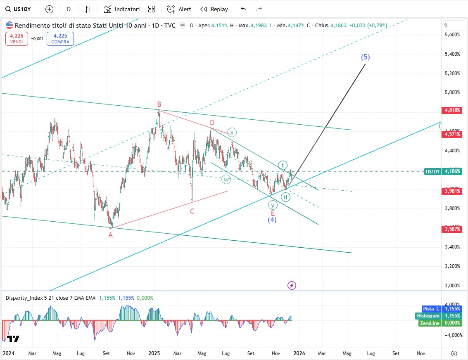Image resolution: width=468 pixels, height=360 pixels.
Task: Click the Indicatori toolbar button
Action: [122, 9]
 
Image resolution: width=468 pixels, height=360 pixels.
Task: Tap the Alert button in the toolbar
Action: [179, 9]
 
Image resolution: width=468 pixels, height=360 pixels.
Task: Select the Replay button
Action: [214, 9]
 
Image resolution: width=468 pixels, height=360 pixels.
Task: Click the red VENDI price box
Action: [17, 39]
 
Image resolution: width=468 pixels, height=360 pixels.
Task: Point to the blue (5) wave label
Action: [365, 57]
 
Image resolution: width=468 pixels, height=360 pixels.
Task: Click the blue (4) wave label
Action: [272, 220]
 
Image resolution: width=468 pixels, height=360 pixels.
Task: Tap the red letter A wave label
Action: [110, 235]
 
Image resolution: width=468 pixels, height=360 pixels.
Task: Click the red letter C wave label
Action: [192, 211]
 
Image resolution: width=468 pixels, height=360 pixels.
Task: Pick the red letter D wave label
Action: [212, 123]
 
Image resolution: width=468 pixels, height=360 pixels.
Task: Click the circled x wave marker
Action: [232, 133]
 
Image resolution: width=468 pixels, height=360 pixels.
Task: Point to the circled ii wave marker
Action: [285, 197]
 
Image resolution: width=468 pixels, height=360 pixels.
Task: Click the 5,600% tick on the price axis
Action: [452, 35]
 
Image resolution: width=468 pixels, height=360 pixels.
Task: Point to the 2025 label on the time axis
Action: [154, 353]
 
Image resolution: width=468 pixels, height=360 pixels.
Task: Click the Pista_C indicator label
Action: [431, 309]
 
